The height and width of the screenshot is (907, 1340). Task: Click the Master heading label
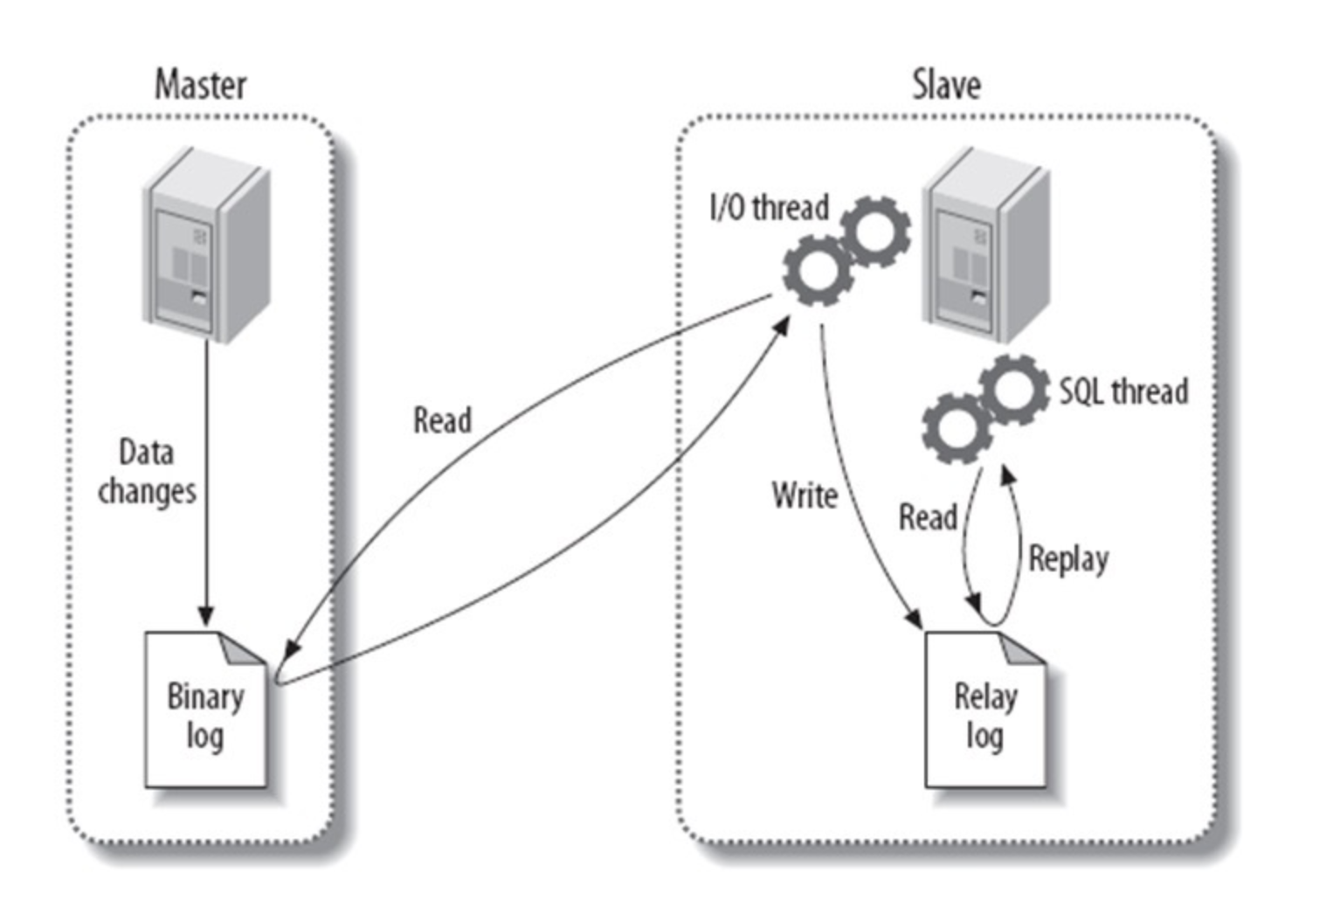point(200,85)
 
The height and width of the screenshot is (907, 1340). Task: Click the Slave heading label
point(946,85)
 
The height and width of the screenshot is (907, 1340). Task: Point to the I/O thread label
point(769,208)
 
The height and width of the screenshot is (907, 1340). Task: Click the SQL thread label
point(1123,391)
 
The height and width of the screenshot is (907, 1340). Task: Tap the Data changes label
point(147,472)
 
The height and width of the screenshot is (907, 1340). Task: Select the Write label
point(805,495)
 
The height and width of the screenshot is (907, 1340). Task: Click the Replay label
point(1068,558)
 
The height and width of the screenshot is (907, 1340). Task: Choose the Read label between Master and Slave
point(442,420)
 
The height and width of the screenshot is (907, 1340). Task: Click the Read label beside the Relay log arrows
point(928,516)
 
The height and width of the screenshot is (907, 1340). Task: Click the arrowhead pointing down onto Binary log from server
point(206,615)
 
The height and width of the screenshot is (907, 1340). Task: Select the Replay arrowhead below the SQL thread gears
point(1007,475)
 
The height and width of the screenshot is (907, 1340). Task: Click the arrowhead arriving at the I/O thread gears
point(782,326)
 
